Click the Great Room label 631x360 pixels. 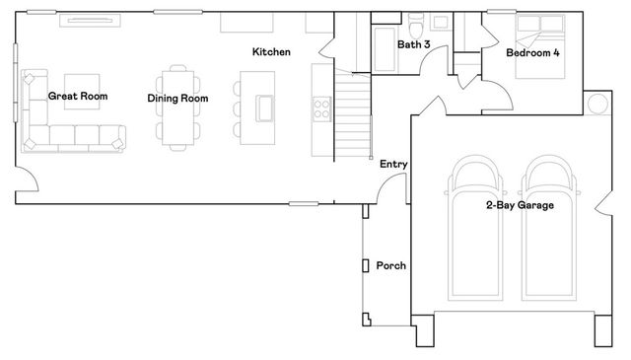click(x=78, y=97)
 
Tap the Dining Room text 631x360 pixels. click(x=177, y=98)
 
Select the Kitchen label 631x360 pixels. click(x=271, y=51)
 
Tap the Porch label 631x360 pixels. click(x=391, y=266)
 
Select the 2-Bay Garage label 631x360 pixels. click(x=519, y=205)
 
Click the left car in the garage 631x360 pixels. click(x=475, y=232)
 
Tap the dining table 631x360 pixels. click(x=177, y=107)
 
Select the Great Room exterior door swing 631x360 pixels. click(x=27, y=180)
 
